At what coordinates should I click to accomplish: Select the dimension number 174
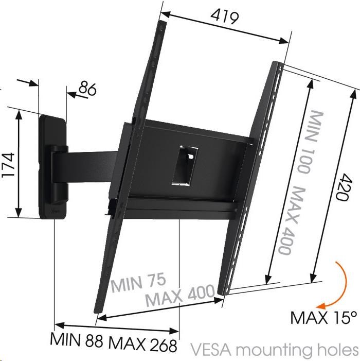click(x=9, y=164)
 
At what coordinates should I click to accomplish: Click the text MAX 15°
click(x=324, y=318)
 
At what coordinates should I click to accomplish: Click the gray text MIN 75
click(x=138, y=282)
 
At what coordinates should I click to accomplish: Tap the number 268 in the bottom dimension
click(x=163, y=345)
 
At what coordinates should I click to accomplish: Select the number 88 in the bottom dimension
click(x=94, y=340)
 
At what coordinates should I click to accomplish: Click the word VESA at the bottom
click(x=211, y=350)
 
